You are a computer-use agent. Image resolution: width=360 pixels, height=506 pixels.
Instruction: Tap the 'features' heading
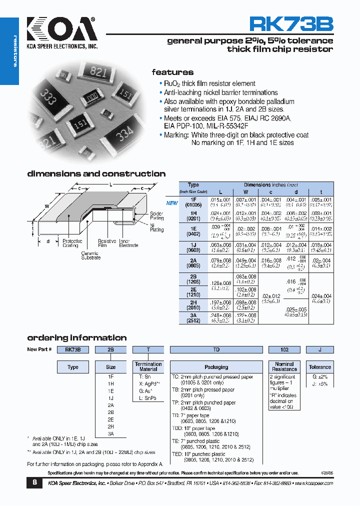coord(172,72)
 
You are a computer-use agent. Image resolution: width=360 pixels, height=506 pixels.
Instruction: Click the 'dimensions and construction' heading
coord(96,174)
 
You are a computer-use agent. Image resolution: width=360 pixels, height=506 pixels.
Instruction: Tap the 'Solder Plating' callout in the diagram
coord(156,216)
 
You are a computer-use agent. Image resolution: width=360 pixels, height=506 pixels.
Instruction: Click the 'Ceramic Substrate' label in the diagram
coord(90,255)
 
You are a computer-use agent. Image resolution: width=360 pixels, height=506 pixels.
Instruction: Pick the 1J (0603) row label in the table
coord(193,247)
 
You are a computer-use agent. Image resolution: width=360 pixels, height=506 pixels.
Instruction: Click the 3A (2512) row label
coord(193,318)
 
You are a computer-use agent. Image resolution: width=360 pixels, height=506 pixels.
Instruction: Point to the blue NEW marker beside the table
coord(171,203)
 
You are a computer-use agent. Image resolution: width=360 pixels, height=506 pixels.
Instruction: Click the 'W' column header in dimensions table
coord(245,192)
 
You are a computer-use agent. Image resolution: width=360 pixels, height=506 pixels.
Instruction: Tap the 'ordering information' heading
coord(76,337)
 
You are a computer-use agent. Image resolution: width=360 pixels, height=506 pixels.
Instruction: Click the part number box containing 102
coord(284,350)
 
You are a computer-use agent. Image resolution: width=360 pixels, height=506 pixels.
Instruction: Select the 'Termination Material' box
coord(148,366)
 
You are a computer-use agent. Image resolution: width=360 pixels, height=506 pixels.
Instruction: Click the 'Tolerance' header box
coord(319,367)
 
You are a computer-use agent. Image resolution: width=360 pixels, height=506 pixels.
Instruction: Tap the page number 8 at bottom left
coord(34,482)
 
